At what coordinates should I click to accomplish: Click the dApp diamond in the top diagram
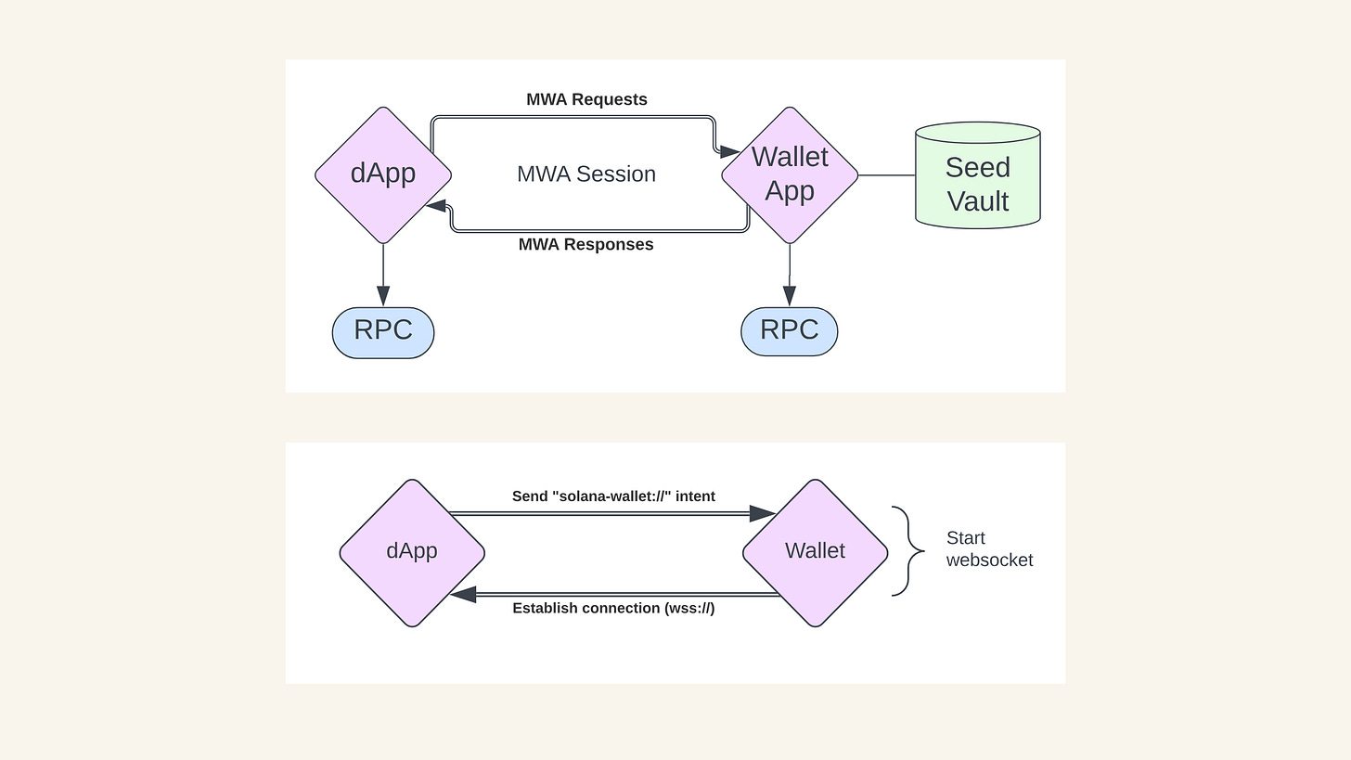click(383, 174)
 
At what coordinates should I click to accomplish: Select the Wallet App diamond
click(790, 174)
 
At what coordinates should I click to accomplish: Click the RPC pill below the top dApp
click(383, 332)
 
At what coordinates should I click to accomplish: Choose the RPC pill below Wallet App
click(790, 331)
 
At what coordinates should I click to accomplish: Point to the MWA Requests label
click(586, 99)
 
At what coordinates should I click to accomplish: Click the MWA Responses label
click(585, 245)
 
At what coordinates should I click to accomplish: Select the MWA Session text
click(586, 174)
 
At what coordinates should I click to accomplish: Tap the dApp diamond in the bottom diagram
click(412, 552)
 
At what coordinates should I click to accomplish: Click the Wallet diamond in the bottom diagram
click(815, 552)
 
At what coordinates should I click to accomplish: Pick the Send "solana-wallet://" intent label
click(613, 496)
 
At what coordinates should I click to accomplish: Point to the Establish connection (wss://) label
click(613, 609)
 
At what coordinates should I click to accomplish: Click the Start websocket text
click(989, 549)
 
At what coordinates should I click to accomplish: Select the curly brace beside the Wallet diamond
click(908, 551)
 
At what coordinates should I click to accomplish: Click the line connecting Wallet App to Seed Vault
click(886, 174)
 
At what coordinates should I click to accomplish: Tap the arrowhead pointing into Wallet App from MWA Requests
click(731, 151)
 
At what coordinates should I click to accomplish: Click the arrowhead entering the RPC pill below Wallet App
click(790, 296)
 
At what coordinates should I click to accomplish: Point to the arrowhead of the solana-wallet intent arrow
click(763, 513)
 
